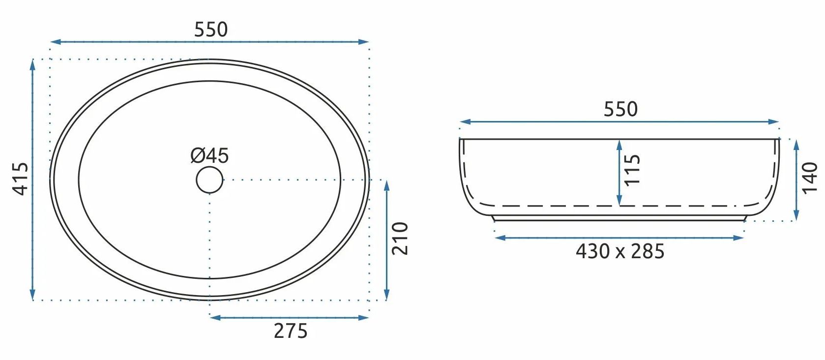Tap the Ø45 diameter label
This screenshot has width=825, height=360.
(x=209, y=155)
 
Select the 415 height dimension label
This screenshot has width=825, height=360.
(x=21, y=179)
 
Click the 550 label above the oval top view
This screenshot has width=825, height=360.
(x=211, y=30)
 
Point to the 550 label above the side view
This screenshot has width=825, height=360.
(x=620, y=109)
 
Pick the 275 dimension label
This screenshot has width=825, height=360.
(x=291, y=331)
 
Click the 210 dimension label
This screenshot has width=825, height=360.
(x=400, y=239)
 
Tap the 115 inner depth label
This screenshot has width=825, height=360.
(x=632, y=170)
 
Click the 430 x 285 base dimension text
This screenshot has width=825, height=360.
(x=620, y=251)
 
